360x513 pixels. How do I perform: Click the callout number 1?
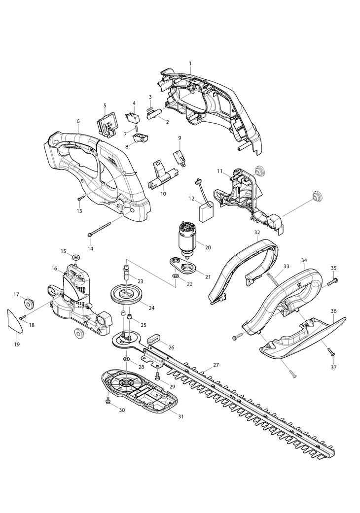click(190, 63)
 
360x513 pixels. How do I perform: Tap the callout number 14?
click(90, 249)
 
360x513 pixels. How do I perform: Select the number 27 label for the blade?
click(216, 365)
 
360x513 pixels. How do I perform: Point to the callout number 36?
click(334, 311)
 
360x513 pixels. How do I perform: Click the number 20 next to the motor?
click(208, 247)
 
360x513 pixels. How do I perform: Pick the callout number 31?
click(180, 416)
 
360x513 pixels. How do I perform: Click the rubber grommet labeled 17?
click(29, 302)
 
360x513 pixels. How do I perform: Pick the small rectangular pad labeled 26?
click(153, 340)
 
